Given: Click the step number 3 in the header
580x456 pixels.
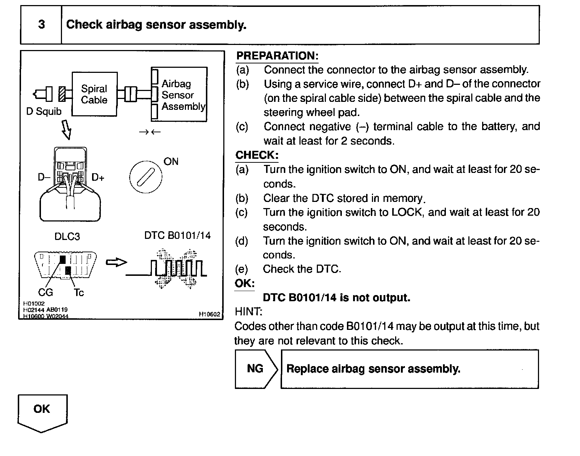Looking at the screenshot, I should click(41, 25).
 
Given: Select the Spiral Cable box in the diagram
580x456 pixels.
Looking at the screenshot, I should click(94, 94).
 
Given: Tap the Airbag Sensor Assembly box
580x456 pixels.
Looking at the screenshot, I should click(180, 95).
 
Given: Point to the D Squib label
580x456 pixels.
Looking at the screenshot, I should click(44, 111).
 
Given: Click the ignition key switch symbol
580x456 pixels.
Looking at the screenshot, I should click(146, 177).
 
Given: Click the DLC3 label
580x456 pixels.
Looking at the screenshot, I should click(67, 236).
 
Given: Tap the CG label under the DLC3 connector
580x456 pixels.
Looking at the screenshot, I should click(46, 292).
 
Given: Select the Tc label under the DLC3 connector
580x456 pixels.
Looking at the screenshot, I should click(79, 292).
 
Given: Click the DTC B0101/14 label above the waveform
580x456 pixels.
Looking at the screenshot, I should click(177, 236).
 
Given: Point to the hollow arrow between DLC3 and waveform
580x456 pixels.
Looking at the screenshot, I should click(116, 262).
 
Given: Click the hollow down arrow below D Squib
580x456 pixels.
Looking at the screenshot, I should click(66, 130).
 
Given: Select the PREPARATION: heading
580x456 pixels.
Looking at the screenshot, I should click(277, 56).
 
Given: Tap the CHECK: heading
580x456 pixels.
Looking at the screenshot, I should click(257, 155).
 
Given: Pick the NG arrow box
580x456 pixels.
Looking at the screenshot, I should click(256, 369).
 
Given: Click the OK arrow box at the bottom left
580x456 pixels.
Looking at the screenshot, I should click(42, 411).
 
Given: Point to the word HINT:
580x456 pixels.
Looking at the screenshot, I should click(248, 312).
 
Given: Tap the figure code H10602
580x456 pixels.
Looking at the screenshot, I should click(210, 314).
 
